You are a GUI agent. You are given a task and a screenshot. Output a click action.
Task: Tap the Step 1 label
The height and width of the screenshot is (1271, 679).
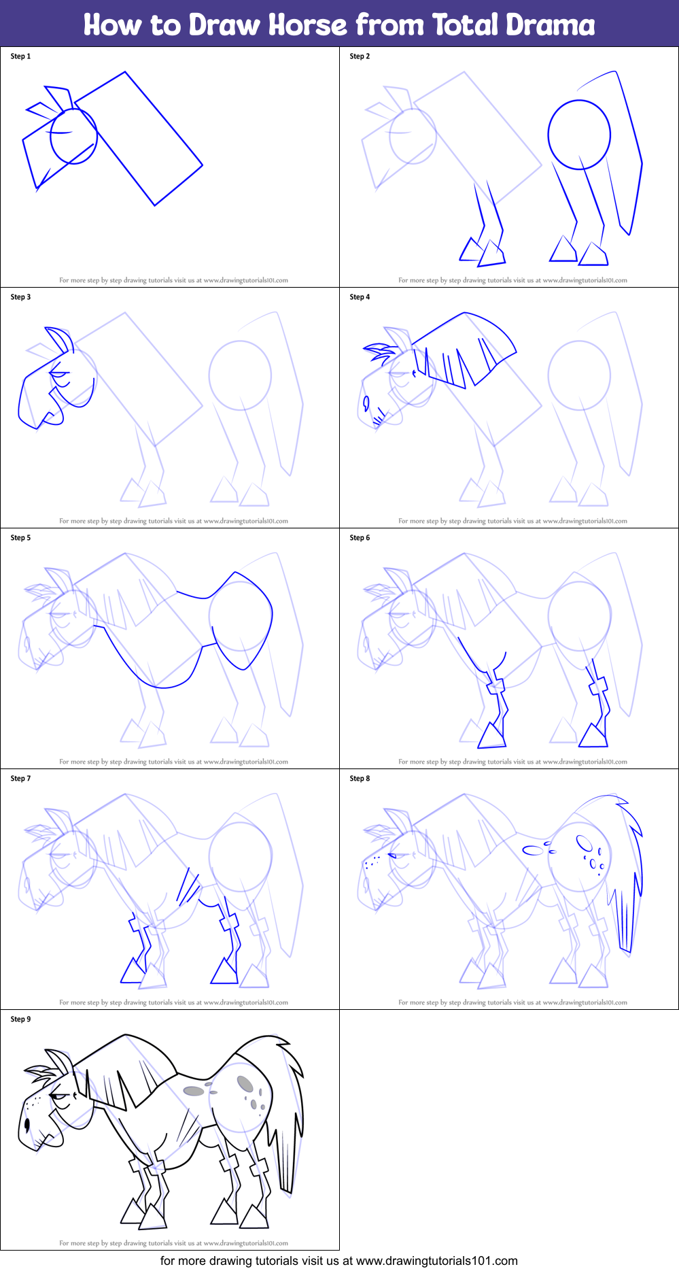20,56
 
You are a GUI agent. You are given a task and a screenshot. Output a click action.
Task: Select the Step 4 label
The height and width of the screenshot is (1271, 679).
360,297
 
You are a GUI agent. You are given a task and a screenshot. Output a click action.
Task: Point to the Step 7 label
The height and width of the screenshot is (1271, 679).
20,779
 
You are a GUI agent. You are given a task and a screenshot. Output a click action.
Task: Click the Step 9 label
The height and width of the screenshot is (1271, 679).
20,1019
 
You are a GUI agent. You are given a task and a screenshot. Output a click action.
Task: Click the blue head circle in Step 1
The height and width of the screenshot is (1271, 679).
73,136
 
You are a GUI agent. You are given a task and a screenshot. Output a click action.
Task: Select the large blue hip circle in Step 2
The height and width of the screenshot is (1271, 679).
579,135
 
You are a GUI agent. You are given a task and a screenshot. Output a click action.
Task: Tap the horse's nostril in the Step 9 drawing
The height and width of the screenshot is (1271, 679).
27,1124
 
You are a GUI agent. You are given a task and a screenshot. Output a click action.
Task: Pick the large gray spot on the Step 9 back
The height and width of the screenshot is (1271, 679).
194,1091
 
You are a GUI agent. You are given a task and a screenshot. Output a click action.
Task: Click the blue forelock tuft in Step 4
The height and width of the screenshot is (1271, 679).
379,352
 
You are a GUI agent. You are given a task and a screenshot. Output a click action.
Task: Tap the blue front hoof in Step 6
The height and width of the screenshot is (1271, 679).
492,736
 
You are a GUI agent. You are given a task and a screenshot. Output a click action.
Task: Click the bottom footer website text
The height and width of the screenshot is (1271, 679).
338,1261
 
